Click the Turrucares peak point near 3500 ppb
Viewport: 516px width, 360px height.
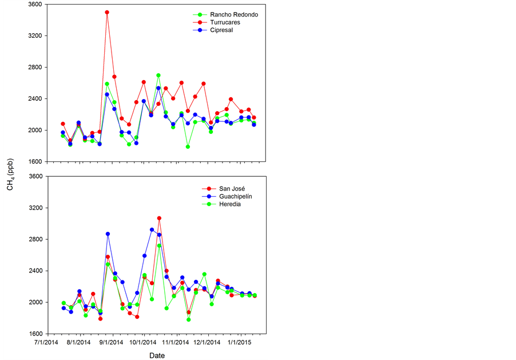click(x=107, y=12)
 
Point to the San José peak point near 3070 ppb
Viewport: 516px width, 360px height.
click(x=159, y=218)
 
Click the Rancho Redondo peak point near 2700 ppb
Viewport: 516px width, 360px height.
click(x=158, y=76)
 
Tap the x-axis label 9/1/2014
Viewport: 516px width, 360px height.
click(x=111, y=343)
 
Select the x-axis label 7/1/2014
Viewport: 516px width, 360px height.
click(x=46, y=343)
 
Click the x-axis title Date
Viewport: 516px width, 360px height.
click(x=157, y=355)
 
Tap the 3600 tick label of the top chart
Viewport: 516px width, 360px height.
click(x=35, y=5)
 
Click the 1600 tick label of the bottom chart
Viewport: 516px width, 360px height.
click(x=35, y=334)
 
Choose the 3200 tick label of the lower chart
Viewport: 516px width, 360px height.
click(x=35, y=208)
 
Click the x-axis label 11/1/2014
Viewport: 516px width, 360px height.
click(x=176, y=343)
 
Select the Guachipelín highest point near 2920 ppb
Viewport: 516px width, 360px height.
click(x=152, y=230)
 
